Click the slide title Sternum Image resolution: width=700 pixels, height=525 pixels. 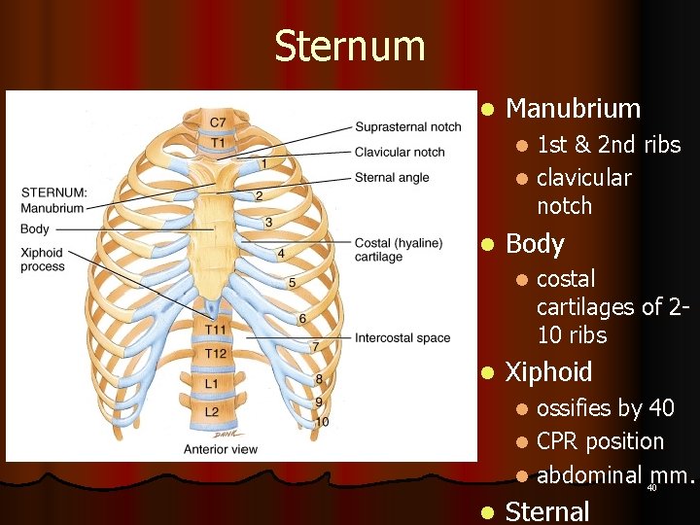click(350, 47)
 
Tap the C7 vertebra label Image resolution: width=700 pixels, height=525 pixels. click(219, 122)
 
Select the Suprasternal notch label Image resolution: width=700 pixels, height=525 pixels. click(408, 127)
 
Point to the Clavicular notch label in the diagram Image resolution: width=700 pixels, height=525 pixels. click(400, 153)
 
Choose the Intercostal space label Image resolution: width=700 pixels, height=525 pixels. click(402, 338)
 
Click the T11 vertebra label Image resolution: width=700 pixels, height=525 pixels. click(217, 332)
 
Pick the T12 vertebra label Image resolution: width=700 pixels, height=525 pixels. click(217, 353)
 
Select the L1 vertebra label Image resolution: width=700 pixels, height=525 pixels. click(212, 385)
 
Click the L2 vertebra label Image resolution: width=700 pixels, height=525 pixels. click(212, 412)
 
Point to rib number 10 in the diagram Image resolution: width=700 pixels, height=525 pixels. click(322, 422)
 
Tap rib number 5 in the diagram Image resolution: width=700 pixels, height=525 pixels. click(293, 283)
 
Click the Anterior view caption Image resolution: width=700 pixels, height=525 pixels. click(221, 449)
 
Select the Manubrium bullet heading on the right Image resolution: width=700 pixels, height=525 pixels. click(573, 108)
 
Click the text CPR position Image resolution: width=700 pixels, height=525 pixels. click(600, 441)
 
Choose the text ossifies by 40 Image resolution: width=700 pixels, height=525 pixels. click(605, 408)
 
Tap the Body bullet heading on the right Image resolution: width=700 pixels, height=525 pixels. click(535, 243)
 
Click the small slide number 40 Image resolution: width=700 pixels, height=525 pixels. click(651, 488)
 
